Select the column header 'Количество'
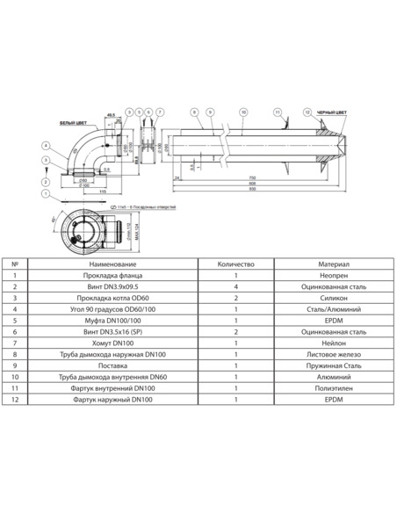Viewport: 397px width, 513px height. pyautogui.click(x=235, y=263)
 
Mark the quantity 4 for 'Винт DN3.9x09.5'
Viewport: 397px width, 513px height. pyautogui.click(x=235, y=286)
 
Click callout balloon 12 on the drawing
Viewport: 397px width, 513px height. pyautogui.click(x=306, y=112)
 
